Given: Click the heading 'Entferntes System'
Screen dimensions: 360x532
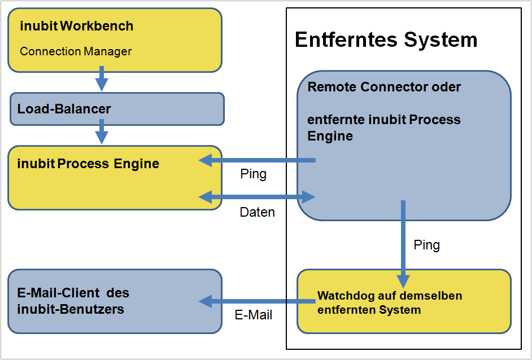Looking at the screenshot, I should [386, 40].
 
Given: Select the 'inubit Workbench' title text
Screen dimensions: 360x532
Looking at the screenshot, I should [77, 26].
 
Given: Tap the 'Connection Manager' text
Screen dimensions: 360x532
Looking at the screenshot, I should [76, 51].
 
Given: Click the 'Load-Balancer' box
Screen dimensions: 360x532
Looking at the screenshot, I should [117, 109].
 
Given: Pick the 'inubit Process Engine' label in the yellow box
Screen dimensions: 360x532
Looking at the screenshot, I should [89, 164].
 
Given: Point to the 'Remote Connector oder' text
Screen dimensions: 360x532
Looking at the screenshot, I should [384, 87].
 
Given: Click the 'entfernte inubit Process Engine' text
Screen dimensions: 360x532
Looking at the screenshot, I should [384, 128].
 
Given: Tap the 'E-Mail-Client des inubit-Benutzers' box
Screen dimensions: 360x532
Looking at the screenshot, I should [115, 301].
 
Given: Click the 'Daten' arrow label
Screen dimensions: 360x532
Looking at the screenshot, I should [257, 212].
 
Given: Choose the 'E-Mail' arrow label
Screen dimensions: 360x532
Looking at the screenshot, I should [254, 315].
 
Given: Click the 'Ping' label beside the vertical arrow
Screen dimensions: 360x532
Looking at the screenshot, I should [426, 245].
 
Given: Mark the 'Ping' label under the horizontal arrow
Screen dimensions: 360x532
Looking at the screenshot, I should [253, 174].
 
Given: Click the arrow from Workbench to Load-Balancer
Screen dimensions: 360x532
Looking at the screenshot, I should [102, 78].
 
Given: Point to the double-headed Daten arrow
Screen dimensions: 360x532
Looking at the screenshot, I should [257, 197].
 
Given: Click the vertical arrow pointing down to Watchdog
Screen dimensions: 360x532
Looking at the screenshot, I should [403, 243].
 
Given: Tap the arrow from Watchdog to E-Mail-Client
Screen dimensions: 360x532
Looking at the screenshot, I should [257, 301].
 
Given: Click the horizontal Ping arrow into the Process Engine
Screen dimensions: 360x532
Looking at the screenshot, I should [257, 161].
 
